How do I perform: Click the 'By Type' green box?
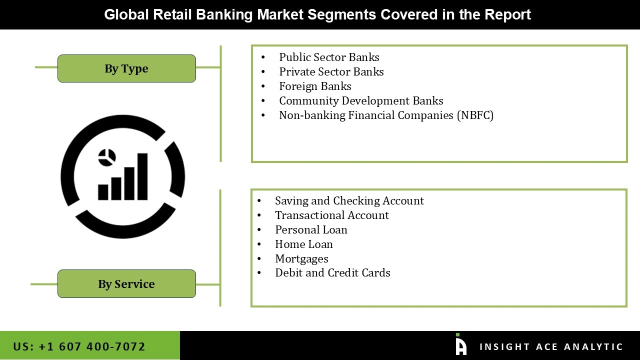tap(126, 68)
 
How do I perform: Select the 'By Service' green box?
tap(126, 284)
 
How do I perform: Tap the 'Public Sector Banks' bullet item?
tap(329, 57)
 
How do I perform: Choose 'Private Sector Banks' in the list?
tap(331, 72)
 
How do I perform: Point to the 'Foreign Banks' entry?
tap(315, 86)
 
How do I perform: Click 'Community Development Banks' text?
tap(361, 101)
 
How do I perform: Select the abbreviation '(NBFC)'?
tap(475, 115)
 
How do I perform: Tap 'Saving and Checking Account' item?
tap(349, 201)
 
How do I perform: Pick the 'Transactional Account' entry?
tap(331, 215)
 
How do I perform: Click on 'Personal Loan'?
tap(311, 230)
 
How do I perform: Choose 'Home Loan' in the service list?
tap(303, 244)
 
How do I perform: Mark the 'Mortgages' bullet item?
tap(301, 259)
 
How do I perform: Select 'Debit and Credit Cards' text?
tap(332, 273)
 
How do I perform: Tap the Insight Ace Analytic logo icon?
tap(460, 345)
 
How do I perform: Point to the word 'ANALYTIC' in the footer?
tap(593, 347)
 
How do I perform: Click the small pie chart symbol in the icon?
tap(107, 157)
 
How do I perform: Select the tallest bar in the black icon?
tap(142, 176)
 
